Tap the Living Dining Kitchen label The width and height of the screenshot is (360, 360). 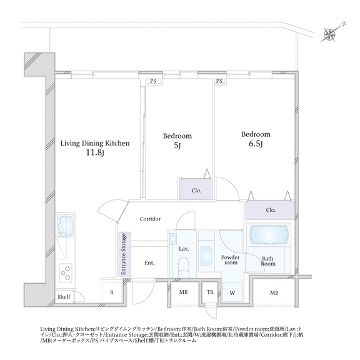[x=95, y=143]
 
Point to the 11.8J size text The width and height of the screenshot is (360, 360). [x=95, y=153]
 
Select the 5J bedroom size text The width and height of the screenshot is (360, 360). [x=177, y=146]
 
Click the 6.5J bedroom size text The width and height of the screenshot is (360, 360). [x=256, y=144]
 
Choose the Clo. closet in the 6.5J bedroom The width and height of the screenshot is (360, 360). [x=269, y=210]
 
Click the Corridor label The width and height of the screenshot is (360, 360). [x=151, y=219]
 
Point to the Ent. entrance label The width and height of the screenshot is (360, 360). [x=149, y=263]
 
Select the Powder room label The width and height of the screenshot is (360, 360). [x=230, y=260]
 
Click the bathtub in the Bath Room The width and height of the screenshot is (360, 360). [x=270, y=236]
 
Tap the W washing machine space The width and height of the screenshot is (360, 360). [x=232, y=292]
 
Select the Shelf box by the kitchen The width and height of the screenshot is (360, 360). [x=64, y=297]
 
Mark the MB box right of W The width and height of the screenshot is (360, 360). [x=274, y=292]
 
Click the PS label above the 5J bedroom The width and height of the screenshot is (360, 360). [x=152, y=81]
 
